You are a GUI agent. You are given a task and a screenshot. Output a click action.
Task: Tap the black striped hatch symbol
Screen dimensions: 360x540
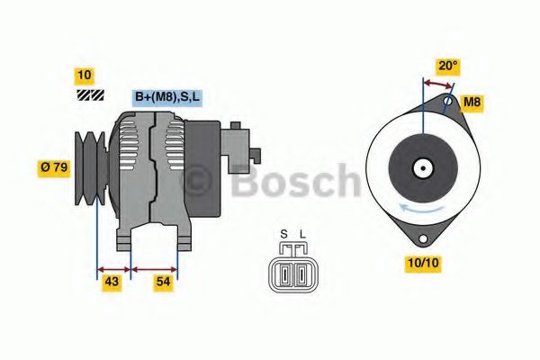click(90, 94)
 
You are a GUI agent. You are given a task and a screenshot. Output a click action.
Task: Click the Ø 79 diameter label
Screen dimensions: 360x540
click(55, 166)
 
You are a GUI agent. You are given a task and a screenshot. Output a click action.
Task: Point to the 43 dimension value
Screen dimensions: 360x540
click(112, 283)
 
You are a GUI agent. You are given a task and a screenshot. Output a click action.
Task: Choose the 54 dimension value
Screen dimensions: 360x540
click(163, 283)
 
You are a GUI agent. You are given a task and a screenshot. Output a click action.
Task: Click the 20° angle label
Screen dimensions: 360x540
click(447, 65)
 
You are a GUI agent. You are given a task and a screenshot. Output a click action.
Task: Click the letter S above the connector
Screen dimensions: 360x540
click(283, 235)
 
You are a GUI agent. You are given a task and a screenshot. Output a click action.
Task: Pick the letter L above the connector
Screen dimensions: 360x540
click(302, 235)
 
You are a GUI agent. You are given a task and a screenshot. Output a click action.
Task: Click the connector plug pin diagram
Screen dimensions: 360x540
click(292, 270)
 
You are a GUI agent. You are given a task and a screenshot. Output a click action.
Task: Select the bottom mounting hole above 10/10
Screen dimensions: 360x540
click(419, 238)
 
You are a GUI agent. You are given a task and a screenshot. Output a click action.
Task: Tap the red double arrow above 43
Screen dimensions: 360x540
click(113, 267)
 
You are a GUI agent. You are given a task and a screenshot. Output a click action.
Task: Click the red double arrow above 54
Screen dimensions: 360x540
click(154, 267)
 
